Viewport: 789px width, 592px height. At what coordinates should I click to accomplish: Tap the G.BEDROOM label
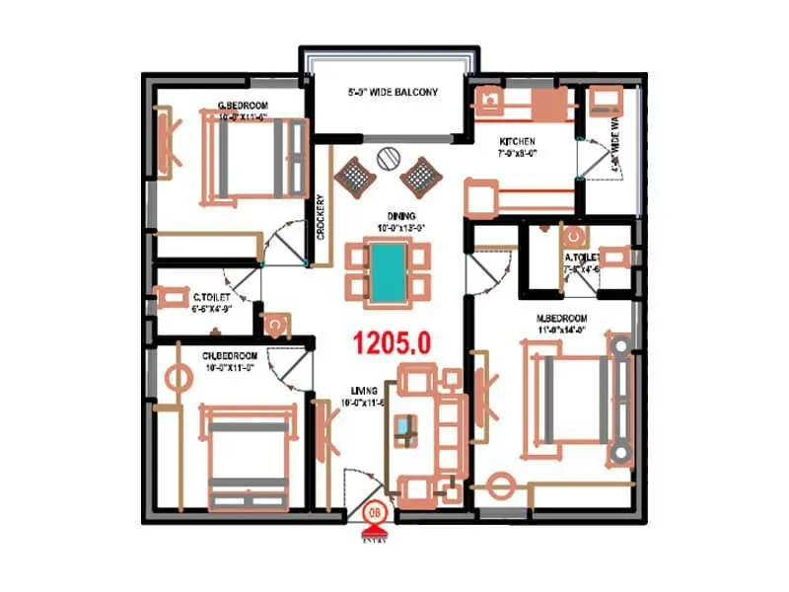coord(243,107)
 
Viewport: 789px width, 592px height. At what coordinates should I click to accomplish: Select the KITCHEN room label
coord(517,142)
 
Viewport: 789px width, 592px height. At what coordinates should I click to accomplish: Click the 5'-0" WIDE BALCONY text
coord(393,93)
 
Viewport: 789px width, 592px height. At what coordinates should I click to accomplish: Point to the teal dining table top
coord(389,270)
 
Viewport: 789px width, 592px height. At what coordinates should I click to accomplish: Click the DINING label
coord(400,215)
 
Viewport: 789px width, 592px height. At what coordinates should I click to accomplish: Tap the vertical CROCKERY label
coord(322,216)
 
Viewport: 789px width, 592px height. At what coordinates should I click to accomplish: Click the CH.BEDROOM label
coord(230,355)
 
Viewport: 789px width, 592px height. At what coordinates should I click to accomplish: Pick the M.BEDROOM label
coord(561,318)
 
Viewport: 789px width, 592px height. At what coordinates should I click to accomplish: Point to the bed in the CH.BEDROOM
coord(249,449)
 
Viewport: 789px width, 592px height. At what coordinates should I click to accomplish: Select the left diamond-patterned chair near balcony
coord(353,178)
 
